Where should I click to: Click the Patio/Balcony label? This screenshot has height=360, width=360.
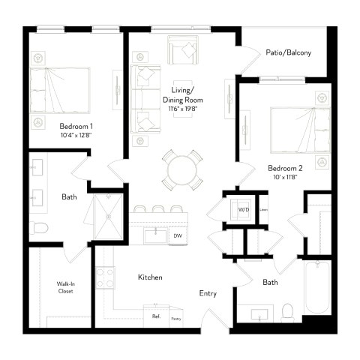tap(288, 53)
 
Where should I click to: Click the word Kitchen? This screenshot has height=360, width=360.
tap(150, 277)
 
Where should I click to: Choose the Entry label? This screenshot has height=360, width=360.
tap(208, 293)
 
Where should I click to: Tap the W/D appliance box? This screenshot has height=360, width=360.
tap(242, 208)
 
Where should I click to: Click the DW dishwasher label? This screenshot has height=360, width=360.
tap(178, 236)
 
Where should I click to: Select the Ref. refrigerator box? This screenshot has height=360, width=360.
tap(156, 316)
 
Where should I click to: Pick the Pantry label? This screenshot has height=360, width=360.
tap(175, 319)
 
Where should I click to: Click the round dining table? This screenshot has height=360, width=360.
tap(181, 169)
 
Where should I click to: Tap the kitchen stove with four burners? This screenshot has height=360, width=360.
tap(106, 278)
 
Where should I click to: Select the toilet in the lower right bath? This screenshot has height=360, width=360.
tap(287, 310)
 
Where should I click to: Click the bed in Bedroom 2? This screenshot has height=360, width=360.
tap(298, 128)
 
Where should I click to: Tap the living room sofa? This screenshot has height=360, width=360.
tap(144, 96)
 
